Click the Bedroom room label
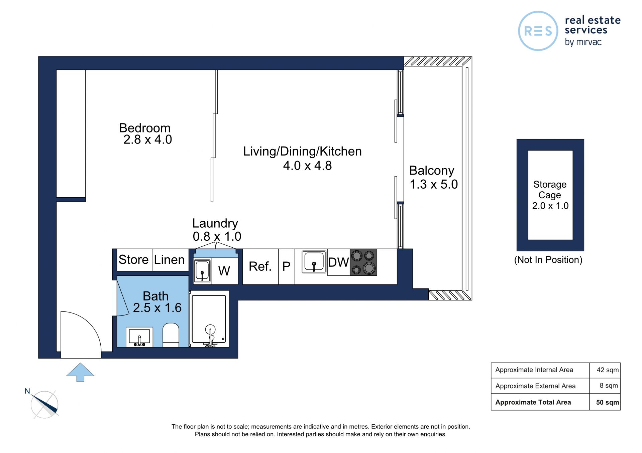tap(145, 128)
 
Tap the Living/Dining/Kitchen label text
tap(302, 152)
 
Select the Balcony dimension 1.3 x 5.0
tap(434, 184)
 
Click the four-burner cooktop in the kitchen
tap(363, 262)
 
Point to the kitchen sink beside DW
tap(314, 262)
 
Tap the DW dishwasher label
tap(338, 262)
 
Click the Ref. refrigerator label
tap(260, 266)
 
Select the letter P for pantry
tap(286, 266)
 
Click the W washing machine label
tap(224, 271)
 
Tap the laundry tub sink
tap(202, 271)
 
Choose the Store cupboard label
tap(133, 260)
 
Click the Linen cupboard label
tap(169, 260)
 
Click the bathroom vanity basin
tap(139, 337)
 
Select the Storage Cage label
tap(550, 190)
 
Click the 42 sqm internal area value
tap(608, 370)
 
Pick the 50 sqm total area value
tap(608, 402)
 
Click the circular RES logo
tap(538, 31)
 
